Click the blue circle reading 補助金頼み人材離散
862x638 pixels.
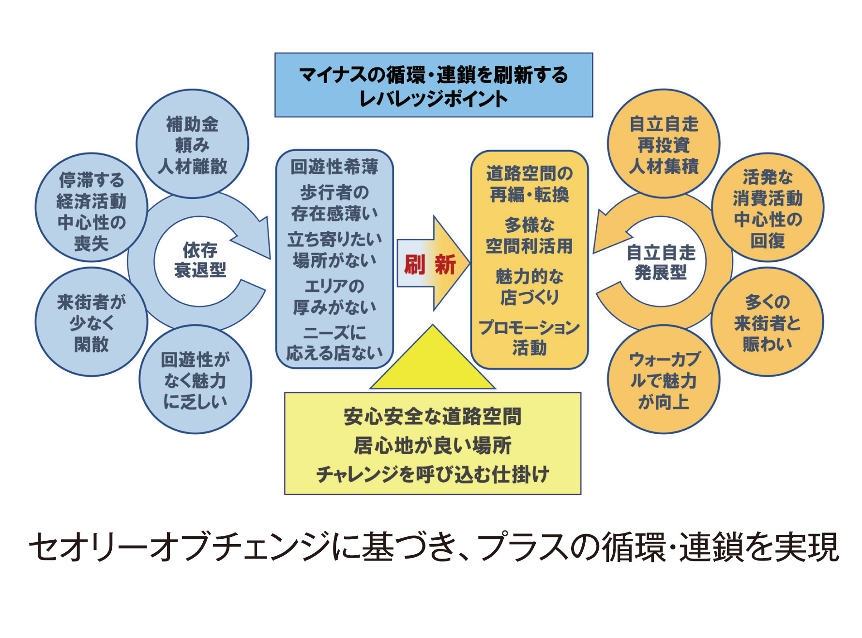tap(192, 144)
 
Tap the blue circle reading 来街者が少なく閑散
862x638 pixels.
tap(91, 322)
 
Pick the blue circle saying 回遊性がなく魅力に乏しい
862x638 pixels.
tap(195, 380)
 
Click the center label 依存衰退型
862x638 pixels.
tap(200, 260)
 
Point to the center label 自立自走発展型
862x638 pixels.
tap(661, 262)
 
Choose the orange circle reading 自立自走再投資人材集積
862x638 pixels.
tap(664, 144)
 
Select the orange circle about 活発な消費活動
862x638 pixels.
tap(768, 208)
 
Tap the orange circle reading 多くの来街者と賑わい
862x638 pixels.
tap(767, 322)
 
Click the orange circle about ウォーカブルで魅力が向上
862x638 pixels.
tap(664, 380)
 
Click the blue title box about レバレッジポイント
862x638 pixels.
tap(434, 85)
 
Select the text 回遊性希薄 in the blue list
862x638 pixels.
tap(334, 167)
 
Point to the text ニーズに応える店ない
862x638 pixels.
tap(334, 343)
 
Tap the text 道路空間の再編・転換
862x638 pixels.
tap(529, 184)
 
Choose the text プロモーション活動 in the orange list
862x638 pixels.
tap(529, 337)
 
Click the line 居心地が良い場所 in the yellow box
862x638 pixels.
tap(432, 445)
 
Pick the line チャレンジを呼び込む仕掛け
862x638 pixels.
tap(432, 474)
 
